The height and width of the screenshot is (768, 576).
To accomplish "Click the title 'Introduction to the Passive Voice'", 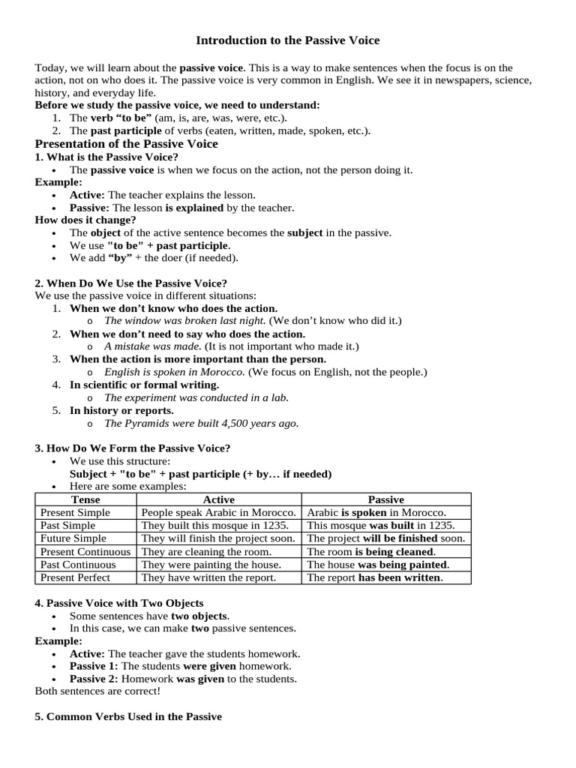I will [288, 40].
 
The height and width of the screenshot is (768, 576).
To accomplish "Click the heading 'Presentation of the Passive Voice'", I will [127, 143].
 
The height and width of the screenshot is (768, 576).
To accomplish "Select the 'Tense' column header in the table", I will [85, 499].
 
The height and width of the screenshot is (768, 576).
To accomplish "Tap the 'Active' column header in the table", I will [219, 499].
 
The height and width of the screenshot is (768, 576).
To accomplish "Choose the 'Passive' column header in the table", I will [386, 499].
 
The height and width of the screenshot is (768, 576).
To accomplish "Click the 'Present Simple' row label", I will [75, 512].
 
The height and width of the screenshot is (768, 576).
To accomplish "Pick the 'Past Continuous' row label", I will [78, 564].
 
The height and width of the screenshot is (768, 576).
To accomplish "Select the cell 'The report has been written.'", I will [375, 577].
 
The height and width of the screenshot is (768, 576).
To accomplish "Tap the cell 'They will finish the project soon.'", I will [218, 538].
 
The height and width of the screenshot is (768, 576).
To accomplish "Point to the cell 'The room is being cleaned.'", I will [372, 551].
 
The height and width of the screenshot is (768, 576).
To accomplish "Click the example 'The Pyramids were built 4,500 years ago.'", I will [201, 423].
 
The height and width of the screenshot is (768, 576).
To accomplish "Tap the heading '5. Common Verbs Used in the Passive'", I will [128, 716].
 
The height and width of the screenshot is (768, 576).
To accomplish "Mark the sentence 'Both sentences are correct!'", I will [97, 691].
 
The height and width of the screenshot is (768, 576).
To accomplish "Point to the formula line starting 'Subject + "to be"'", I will [200, 474].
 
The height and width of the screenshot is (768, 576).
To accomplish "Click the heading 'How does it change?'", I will [85, 220].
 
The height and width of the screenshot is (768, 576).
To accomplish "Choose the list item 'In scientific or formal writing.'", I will [145, 385].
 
